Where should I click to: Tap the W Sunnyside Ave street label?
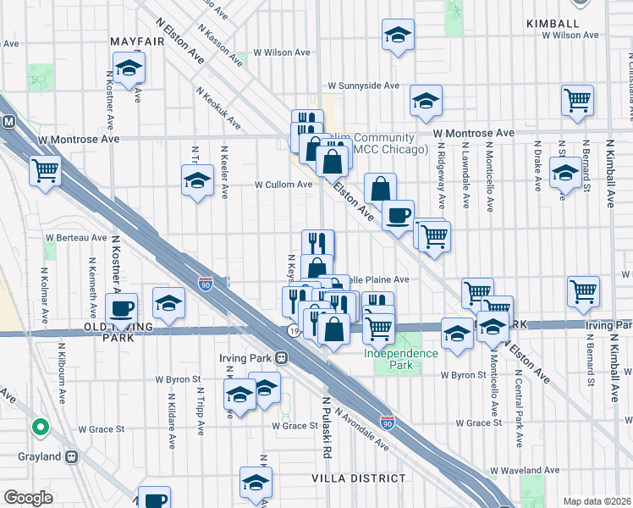pyautogui.click(x=363, y=86)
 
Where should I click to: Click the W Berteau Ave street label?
pyautogui.click(x=76, y=238)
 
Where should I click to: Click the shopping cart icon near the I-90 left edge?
pyautogui.click(x=46, y=169)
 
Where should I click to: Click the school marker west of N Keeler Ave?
pyautogui.click(x=197, y=179)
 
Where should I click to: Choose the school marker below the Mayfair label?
pyautogui.click(x=129, y=68)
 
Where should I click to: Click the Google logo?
pyautogui.click(x=27, y=498)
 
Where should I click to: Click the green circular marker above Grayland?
pyautogui.click(x=38, y=427)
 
